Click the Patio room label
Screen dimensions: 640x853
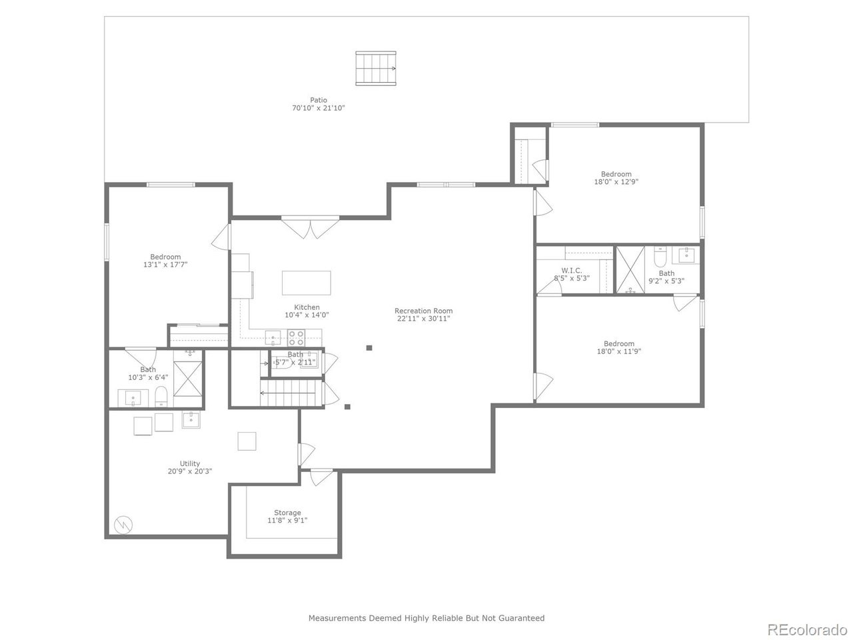coord(319,100)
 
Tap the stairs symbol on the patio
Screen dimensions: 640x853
coord(377,68)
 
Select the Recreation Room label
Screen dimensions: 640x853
coord(423,311)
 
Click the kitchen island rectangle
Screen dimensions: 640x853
coord(306,283)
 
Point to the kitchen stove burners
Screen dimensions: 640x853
coord(297,337)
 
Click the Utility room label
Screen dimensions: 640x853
coord(189,463)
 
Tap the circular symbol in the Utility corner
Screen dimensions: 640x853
coord(123,525)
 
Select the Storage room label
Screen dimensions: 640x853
coord(287,513)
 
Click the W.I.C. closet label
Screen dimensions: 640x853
coord(571,270)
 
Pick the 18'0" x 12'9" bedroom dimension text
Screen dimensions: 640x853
coord(616,181)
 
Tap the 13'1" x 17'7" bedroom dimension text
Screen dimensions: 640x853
coord(165,265)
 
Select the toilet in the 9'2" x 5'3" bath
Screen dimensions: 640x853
coord(660,256)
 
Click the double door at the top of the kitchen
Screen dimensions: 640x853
coord(310,228)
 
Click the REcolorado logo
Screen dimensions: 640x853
coord(806,629)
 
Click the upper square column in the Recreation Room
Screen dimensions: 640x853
coord(369,347)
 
